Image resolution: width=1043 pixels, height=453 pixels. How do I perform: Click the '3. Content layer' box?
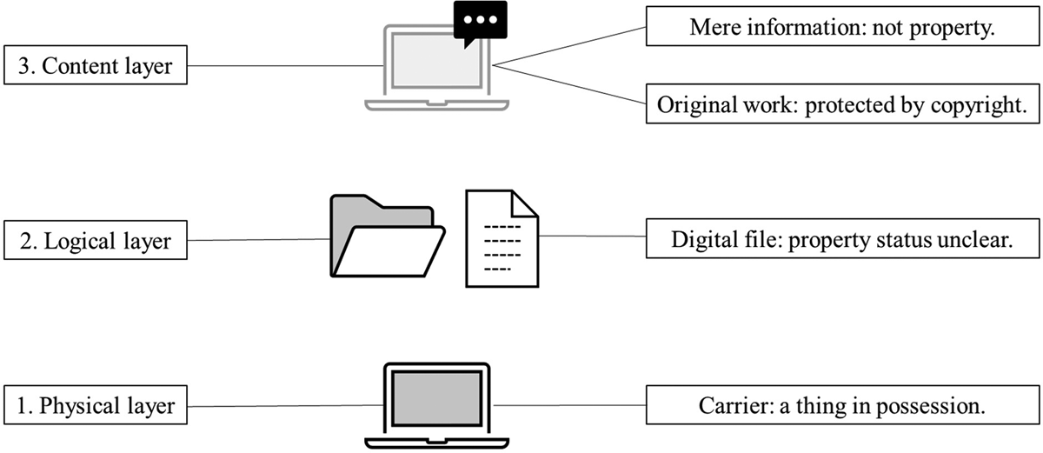(96, 65)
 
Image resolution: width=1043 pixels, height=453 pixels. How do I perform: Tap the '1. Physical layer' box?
(96, 406)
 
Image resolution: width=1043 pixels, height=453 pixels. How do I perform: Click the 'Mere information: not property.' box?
(841, 27)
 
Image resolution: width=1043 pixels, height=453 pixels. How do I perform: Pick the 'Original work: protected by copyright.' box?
(841, 105)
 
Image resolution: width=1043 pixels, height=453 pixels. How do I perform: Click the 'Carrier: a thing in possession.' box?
(841, 406)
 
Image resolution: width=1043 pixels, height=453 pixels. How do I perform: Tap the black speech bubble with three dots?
(479, 21)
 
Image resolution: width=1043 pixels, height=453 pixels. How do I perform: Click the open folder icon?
(386, 238)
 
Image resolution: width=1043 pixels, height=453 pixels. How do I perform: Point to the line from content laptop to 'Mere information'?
(569, 44)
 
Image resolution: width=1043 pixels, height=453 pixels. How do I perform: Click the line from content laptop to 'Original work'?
(569, 84)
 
